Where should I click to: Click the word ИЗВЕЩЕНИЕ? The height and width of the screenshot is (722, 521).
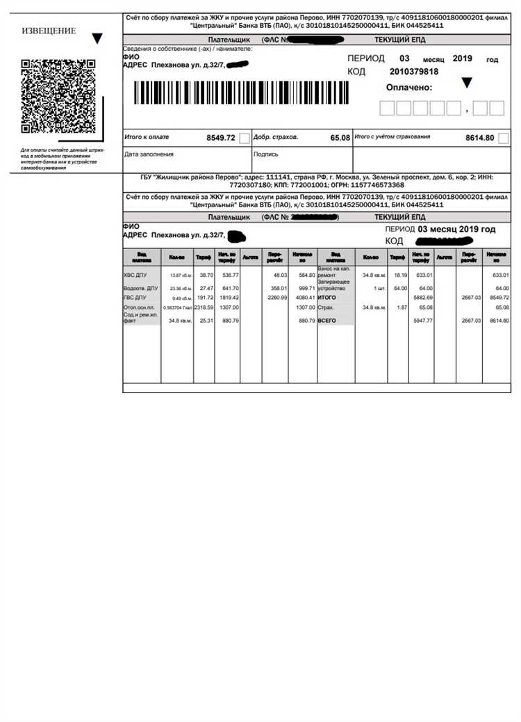(49, 31)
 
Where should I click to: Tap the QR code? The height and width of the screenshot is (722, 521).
(58, 96)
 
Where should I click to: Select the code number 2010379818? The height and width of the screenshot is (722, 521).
(414, 72)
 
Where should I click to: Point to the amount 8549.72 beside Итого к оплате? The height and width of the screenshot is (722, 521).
(221, 138)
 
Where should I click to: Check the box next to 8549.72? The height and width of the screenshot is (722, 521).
(244, 138)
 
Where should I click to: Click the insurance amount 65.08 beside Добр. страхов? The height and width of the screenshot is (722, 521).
(340, 138)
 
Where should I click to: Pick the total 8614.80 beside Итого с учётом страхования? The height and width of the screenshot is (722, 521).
(479, 138)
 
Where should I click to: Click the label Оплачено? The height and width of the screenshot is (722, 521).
(409, 88)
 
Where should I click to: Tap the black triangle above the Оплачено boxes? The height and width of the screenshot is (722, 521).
(468, 83)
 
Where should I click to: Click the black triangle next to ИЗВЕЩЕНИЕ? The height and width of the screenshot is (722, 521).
(97, 38)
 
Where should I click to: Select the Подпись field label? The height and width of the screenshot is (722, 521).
(266, 154)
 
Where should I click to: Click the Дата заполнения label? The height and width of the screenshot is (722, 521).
(149, 154)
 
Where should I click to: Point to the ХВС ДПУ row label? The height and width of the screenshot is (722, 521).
(135, 275)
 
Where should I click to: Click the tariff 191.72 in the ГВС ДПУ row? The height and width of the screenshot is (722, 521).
(204, 297)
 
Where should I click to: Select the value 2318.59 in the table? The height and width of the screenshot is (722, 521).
(204, 307)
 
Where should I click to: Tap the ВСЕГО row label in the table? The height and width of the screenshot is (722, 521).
(327, 321)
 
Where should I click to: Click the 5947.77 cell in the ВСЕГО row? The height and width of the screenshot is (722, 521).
(421, 321)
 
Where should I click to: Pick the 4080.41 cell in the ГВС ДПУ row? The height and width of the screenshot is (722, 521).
(302, 297)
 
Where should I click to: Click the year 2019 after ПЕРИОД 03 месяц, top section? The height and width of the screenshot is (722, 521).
(462, 59)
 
